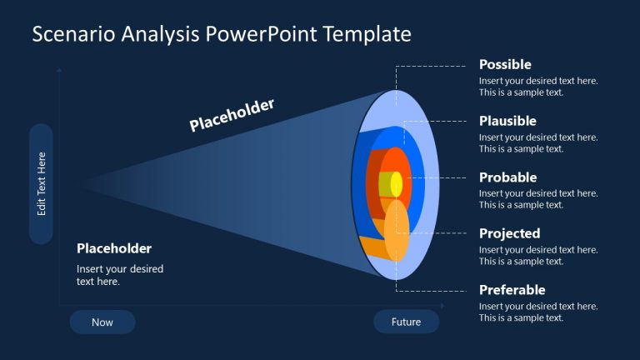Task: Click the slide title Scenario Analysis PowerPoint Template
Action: pyautogui.click(x=221, y=34)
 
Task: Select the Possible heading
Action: pyautogui.click(x=505, y=65)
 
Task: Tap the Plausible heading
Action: pyautogui.click(x=507, y=122)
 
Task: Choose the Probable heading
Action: pyautogui.click(x=507, y=177)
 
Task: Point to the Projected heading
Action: pyautogui.click(x=509, y=234)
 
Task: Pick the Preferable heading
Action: pyautogui.click(x=512, y=290)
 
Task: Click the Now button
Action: pyautogui.click(x=102, y=322)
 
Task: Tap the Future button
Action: pyautogui.click(x=406, y=322)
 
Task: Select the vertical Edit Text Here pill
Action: pyautogui.click(x=41, y=184)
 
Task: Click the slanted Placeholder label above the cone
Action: pyautogui.click(x=232, y=115)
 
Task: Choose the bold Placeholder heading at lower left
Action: pyautogui.click(x=114, y=248)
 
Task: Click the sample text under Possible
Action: pyautogui.click(x=538, y=87)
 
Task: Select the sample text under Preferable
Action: pyautogui.click(x=538, y=312)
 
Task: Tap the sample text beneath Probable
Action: pyautogui.click(x=538, y=199)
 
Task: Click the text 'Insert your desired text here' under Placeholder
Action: pyautogui.click(x=120, y=275)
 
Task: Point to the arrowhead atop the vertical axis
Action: pyautogui.click(x=59, y=71)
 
